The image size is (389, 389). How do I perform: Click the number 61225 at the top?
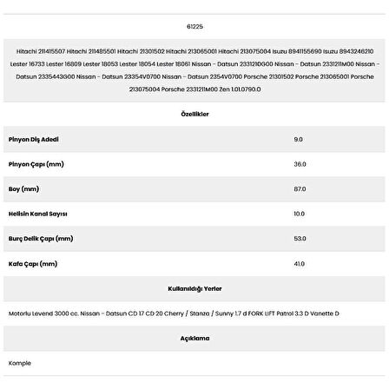(195, 27)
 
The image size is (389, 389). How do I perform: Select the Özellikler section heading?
(195, 114)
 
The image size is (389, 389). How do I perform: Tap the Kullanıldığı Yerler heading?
(194, 286)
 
